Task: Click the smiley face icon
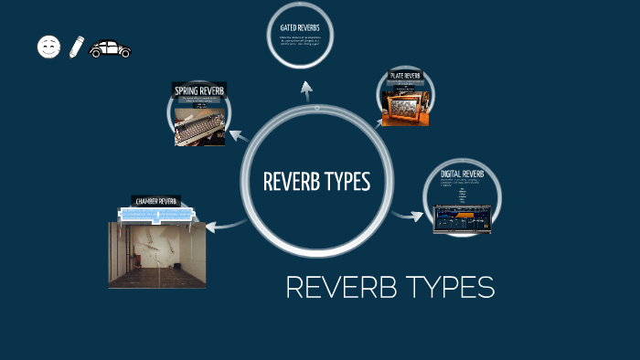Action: [48, 47]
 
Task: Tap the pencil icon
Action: [76, 47]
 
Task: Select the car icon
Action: [110, 48]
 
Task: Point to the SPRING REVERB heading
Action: [200, 90]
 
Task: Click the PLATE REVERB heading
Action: [405, 75]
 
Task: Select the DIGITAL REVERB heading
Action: [462, 174]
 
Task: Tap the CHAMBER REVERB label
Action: [155, 201]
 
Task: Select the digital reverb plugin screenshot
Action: [463, 217]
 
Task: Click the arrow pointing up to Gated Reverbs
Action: [306, 90]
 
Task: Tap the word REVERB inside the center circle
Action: [290, 182]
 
